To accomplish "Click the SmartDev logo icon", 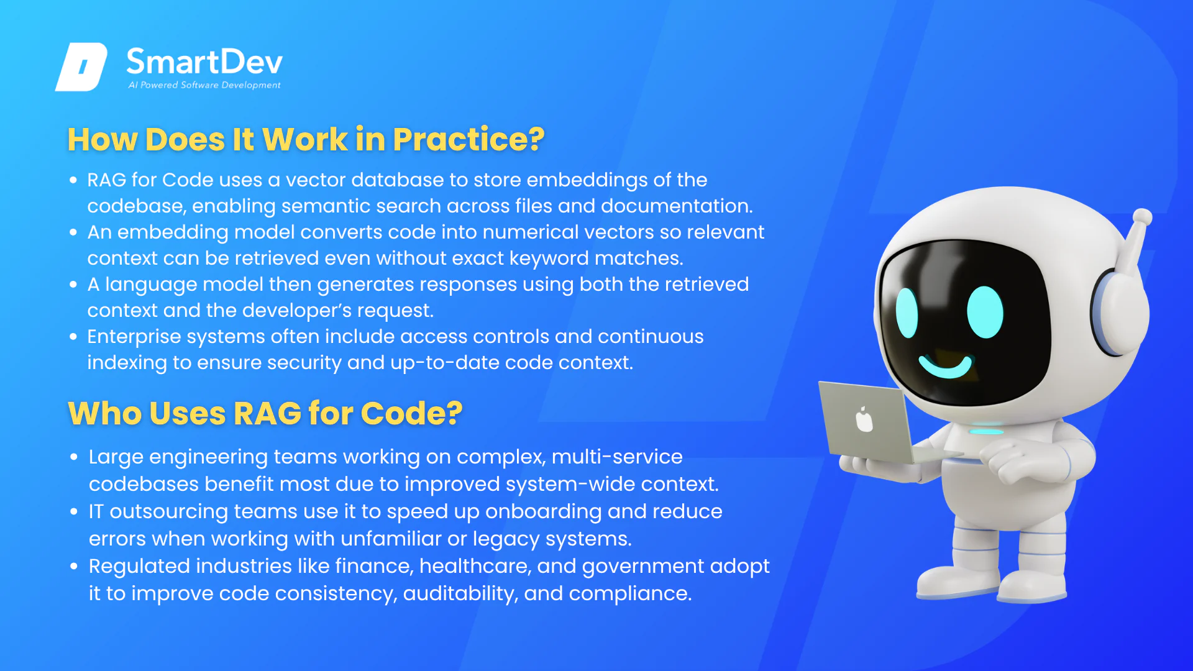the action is pos(81,67).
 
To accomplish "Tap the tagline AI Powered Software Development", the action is pos(204,85).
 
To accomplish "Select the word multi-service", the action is pos(617,457).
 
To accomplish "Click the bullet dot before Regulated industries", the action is pos(74,567).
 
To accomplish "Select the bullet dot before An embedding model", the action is pos(73,232).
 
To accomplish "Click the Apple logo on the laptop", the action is pos(864,419).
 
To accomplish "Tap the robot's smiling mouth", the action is pos(946,366).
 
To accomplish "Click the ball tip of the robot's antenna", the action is pos(1142,217).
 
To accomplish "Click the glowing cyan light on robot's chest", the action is pos(987,431).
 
